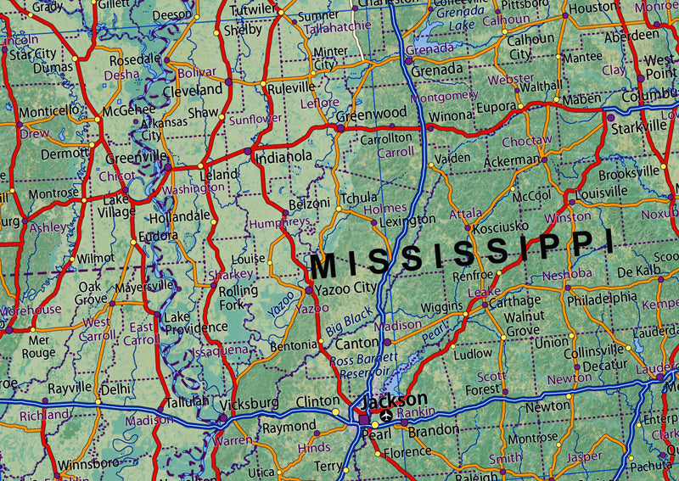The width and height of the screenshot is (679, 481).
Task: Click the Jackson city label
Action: tap(395, 399)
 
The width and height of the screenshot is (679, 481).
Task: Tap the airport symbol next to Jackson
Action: tap(387, 416)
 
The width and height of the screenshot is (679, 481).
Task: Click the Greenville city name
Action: tap(135, 158)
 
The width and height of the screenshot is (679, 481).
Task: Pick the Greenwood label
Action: tap(372, 114)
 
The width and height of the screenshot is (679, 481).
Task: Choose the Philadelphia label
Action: tap(602, 298)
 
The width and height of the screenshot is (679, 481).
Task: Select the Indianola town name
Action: tap(284, 156)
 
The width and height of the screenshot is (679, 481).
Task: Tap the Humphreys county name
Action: tap(279, 223)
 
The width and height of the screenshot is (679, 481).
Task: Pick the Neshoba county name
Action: tap(567, 274)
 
